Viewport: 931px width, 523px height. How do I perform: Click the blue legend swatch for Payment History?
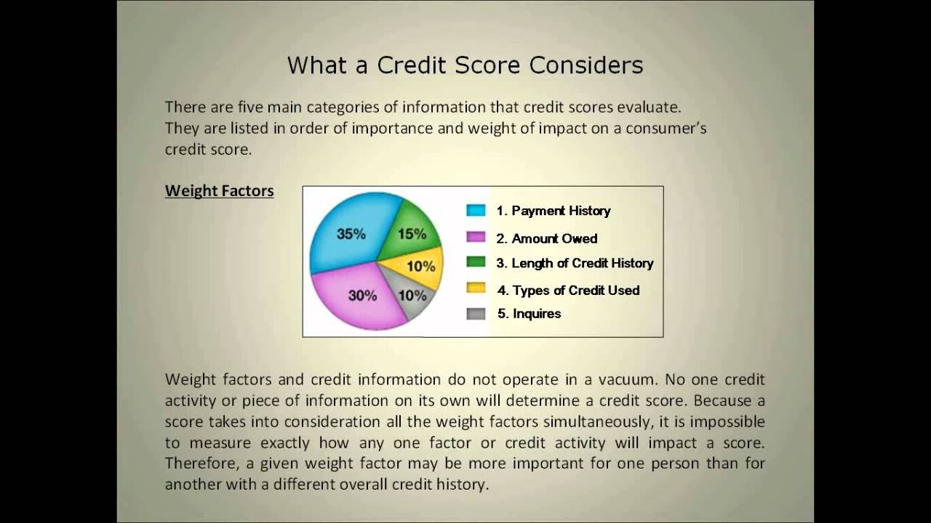pyautogui.click(x=476, y=211)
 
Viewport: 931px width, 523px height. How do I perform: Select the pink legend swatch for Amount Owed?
pyautogui.click(x=476, y=238)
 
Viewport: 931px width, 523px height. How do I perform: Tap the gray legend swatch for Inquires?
pyautogui.click(x=476, y=314)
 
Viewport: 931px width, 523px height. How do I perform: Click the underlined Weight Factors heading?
pyautogui.click(x=219, y=191)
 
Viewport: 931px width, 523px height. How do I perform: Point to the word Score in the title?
pyautogui.click(x=489, y=65)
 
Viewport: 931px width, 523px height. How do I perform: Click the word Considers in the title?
pyautogui.click(x=586, y=65)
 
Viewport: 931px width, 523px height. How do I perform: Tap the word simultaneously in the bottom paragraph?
pyautogui.click(x=613, y=421)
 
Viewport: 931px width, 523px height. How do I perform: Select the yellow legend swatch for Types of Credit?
pyautogui.click(x=476, y=288)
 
